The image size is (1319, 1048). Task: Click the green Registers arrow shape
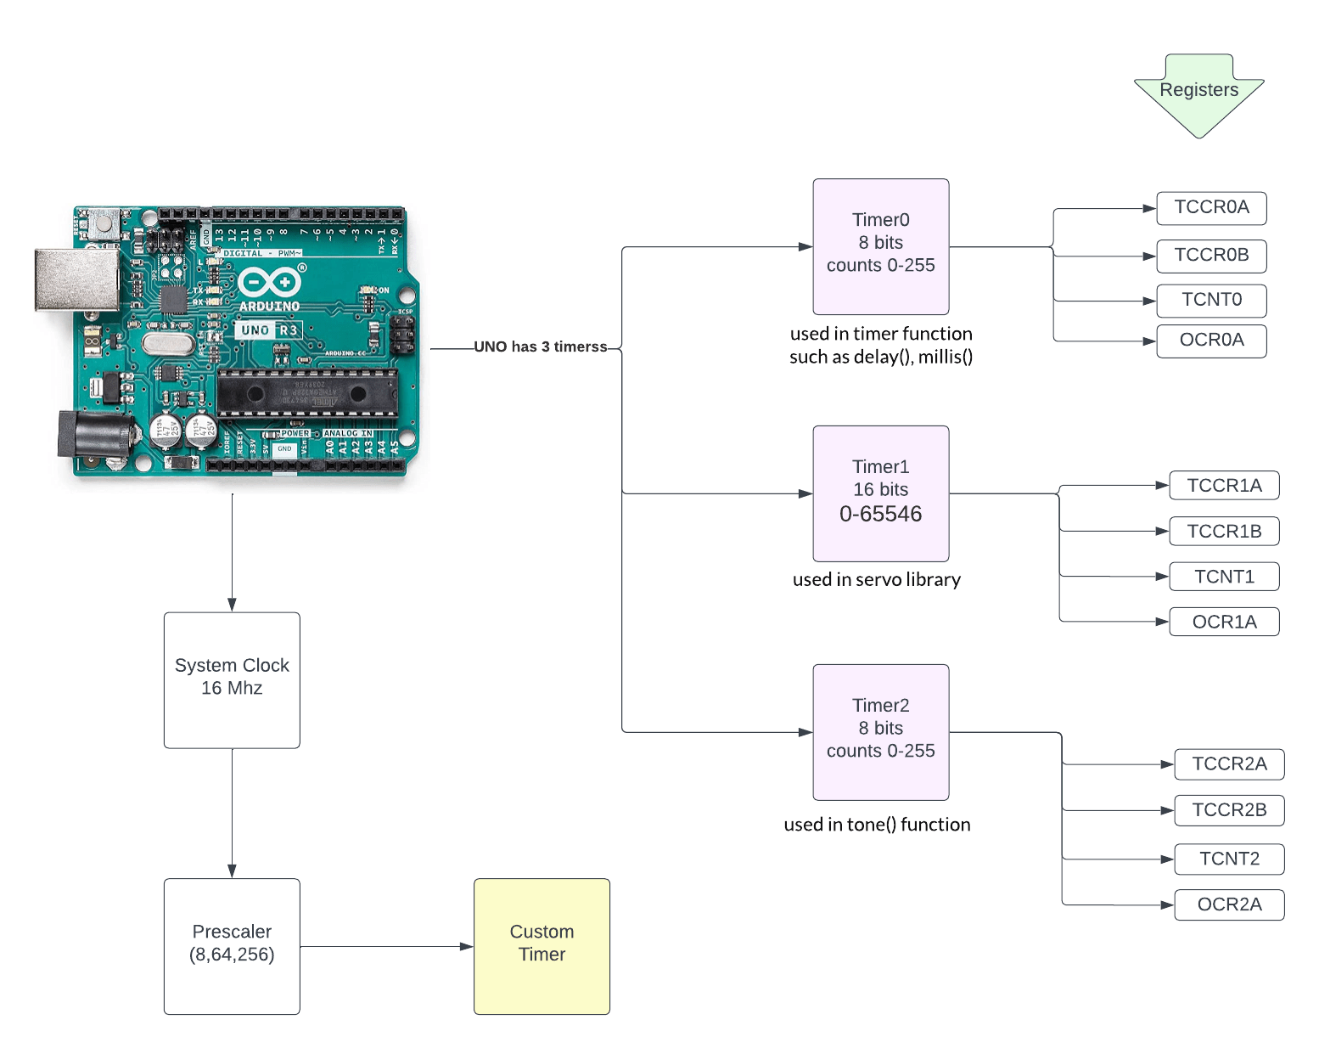[x=1198, y=92]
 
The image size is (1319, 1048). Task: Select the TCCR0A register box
[x=1211, y=208]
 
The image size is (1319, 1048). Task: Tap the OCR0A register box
[x=1211, y=341]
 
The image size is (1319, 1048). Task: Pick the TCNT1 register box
[x=1224, y=577]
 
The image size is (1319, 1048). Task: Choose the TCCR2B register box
[x=1228, y=810]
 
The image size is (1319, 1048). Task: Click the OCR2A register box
[x=1228, y=904]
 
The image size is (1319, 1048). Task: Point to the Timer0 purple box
[x=880, y=246]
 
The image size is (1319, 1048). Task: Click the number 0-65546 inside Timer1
[x=880, y=514]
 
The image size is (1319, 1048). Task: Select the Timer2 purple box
[x=880, y=731]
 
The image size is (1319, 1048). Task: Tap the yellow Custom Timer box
[x=542, y=946]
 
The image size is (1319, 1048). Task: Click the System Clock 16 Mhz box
[x=232, y=679]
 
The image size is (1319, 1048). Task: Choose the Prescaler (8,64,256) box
[x=232, y=946]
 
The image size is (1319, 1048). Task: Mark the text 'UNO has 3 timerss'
[x=540, y=347]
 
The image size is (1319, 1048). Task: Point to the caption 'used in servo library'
[x=876, y=580]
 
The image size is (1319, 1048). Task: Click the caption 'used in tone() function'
[x=876, y=825]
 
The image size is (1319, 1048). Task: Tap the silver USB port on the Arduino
[x=76, y=279]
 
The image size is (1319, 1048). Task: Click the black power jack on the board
[x=93, y=435]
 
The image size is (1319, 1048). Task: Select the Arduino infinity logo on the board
[x=269, y=282]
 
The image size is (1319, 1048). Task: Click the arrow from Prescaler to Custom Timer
[x=386, y=946]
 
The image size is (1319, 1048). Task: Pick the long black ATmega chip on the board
[x=307, y=393]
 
